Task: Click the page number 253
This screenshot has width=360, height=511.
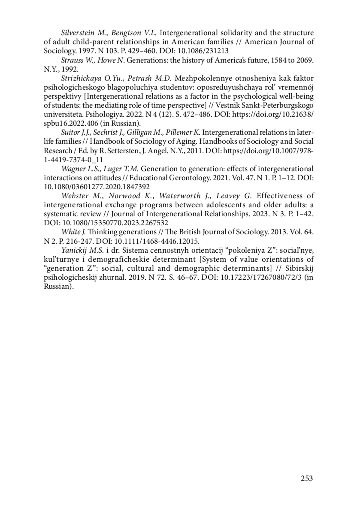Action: click(x=307, y=478)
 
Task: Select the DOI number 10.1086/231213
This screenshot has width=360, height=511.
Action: click(x=203, y=51)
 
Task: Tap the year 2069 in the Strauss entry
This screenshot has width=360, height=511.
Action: click(x=305, y=60)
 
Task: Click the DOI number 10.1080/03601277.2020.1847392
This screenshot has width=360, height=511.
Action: click(x=97, y=187)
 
